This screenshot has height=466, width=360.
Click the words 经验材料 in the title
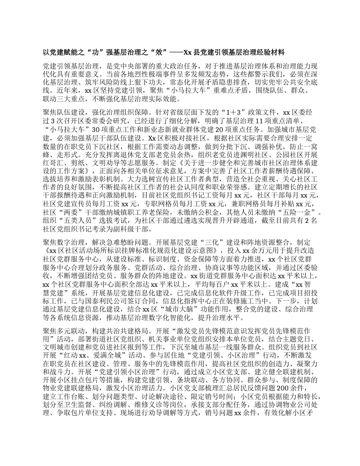point(270,52)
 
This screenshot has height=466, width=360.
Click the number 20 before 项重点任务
point(221,130)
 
